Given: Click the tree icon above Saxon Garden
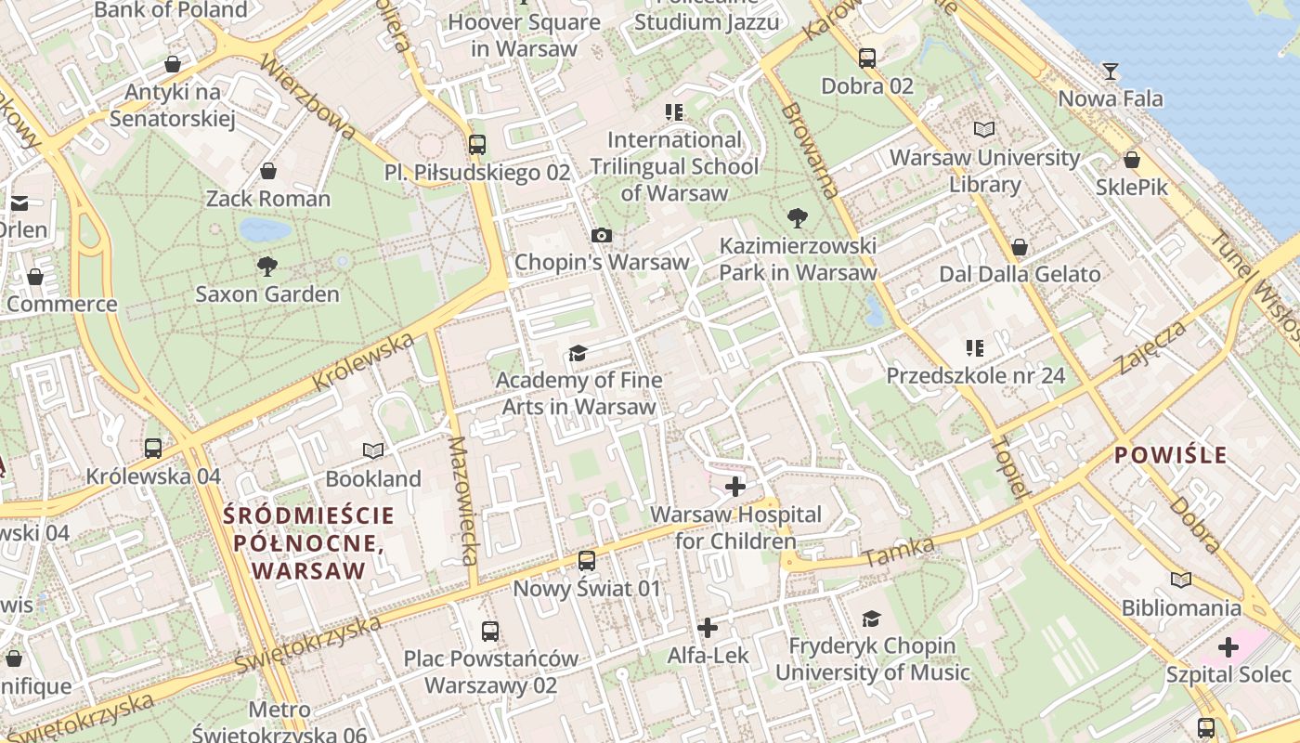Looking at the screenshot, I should click(x=267, y=267).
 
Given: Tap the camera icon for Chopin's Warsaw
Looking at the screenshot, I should click(x=602, y=236).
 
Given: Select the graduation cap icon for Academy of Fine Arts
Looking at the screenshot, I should click(x=578, y=353).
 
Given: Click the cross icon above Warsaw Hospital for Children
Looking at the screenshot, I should click(x=735, y=487).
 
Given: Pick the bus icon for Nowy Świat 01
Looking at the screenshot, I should click(x=587, y=561).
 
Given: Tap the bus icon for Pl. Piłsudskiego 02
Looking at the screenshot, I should click(x=477, y=145).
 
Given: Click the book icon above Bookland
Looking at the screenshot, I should click(x=373, y=451).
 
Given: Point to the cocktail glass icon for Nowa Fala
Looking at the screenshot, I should click(x=1111, y=72).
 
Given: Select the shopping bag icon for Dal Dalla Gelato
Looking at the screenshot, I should click(x=1020, y=247).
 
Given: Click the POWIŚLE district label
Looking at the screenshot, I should click(x=1170, y=455).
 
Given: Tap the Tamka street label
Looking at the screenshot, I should click(x=898, y=553).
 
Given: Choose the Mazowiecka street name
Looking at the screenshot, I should click(x=462, y=501).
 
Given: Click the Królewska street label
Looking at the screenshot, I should click(x=363, y=362).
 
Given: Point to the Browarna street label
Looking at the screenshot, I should click(x=811, y=150).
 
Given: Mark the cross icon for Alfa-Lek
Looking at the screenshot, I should click(x=708, y=629).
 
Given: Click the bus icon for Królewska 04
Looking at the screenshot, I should click(x=153, y=449).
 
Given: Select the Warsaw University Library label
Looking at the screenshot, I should click(x=984, y=171).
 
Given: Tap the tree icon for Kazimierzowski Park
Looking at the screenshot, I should click(x=797, y=219).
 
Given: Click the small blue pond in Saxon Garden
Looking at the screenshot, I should click(x=265, y=229).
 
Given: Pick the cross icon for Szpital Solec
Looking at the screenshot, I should click(x=1228, y=647).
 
